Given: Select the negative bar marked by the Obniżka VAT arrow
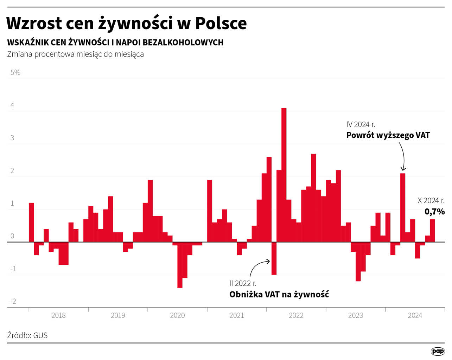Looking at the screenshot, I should pyautogui.click(x=274, y=258).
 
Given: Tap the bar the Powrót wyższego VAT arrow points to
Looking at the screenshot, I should pyautogui.click(x=403, y=207).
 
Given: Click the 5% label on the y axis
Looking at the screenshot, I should pyautogui.click(x=15, y=72).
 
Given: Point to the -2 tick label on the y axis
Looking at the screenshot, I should pyautogui.click(x=13, y=301).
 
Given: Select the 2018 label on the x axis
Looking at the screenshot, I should pyautogui.click(x=58, y=315).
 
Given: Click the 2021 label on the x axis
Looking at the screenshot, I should pyautogui.click(x=237, y=315).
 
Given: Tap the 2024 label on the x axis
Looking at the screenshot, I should pyautogui.click(x=415, y=315).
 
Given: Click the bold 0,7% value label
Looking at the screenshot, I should pyautogui.click(x=434, y=211).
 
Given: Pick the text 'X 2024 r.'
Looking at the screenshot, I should pyautogui.click(x=431, y=200).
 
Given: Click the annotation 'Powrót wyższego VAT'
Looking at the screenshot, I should pyautogui.click(x=388, y=135).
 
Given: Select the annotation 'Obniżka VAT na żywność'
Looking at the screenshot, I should pyautogui.click(x=279, y=294).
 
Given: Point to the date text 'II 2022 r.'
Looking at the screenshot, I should pyautogui.click(x=243, y=283).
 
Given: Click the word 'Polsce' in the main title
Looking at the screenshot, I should pyautogui.click(x=221, y=23).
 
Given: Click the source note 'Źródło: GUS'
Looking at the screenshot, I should pyautogui.click(x=27, y=335).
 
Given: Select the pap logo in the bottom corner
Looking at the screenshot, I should pyautogui.click(x=438, y=351).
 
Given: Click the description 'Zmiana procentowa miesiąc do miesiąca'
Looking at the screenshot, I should pyautogui.click(x=75, y=54).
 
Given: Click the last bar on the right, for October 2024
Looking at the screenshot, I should pyautogui.click(x=432, y=231).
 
